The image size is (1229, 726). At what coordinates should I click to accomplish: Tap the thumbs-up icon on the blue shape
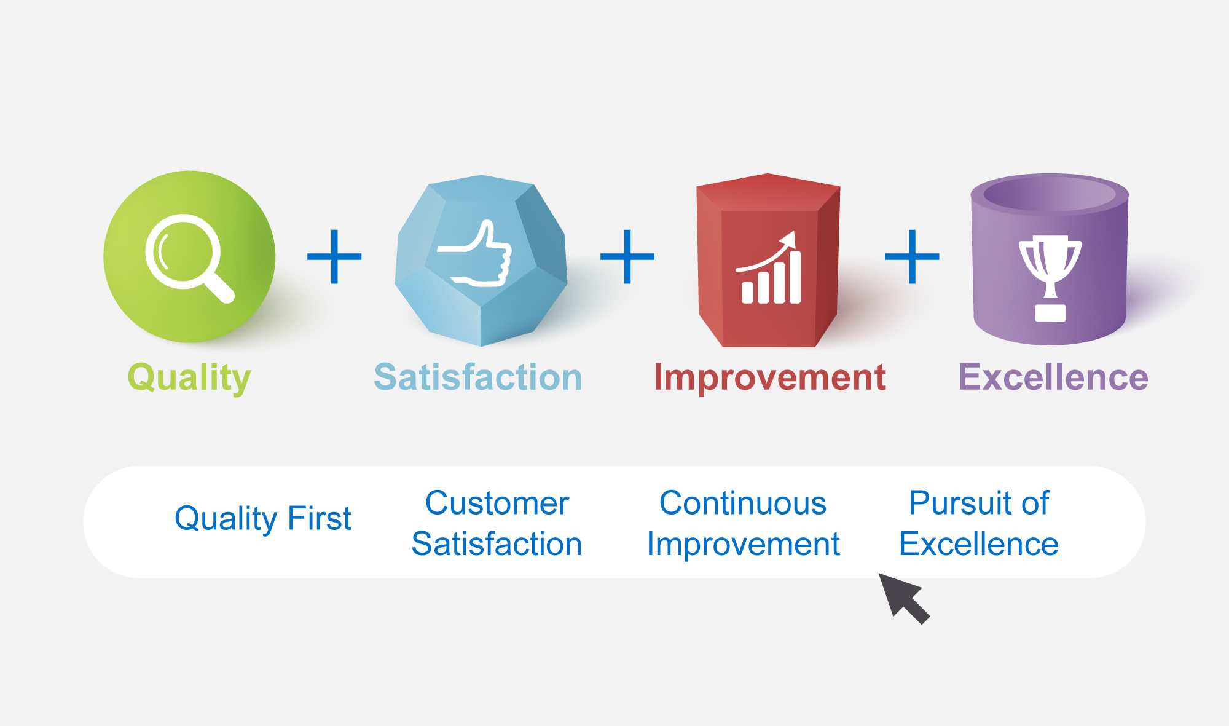(x=474, y=253)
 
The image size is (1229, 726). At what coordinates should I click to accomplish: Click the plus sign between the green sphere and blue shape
(x=334, y=256)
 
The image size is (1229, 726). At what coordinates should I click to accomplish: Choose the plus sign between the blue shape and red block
(x=627, y=256)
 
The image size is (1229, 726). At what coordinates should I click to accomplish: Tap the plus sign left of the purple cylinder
(x=912, y=256)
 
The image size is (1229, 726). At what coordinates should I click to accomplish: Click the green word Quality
(x=189, y=377)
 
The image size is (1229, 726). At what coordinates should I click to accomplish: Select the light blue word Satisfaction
(x=478, y=377)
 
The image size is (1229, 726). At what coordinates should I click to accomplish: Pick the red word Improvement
(x=770, y=377)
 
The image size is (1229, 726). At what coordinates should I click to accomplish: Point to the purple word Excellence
(x=1053, y=377)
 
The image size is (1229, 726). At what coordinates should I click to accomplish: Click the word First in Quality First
(x=319, y=518)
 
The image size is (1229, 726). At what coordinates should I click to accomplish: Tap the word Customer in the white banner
(x=497, y=503)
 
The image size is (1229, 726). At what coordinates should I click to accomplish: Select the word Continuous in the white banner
(x=743, y=503)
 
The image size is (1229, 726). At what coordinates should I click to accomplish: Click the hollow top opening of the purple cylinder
(x=1050, y=194)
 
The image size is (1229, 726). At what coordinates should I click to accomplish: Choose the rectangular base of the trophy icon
(x=1050, y=313)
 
